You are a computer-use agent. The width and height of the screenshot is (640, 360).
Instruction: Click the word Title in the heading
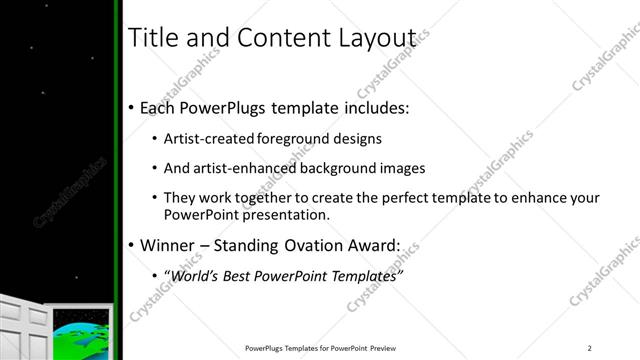(x=153, y=39)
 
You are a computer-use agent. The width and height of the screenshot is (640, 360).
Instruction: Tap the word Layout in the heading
(x=374, y=39)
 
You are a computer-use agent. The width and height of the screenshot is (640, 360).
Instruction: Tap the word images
(x=401, y=169)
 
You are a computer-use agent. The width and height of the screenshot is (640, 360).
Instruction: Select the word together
(x=270, y=199)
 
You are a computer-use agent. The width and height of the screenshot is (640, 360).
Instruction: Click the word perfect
(x=406, y=199)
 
